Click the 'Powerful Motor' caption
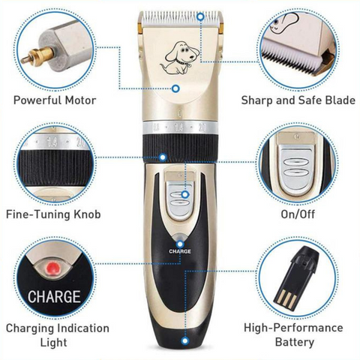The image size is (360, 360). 55,100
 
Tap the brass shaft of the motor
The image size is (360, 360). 37,56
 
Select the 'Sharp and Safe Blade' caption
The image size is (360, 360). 298,100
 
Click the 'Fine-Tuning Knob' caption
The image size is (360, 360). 53,214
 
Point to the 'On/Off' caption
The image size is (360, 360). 298,214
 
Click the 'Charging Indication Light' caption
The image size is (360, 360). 58,335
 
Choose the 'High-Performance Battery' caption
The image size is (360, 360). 294,335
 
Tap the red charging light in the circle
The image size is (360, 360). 53,268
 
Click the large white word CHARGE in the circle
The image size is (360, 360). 54,296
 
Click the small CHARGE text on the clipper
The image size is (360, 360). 180,251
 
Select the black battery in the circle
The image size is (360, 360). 296,274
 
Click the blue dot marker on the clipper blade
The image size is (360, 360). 200,17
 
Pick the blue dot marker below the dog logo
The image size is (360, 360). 176,88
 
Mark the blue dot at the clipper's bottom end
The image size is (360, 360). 185,340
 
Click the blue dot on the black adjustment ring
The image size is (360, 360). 163,157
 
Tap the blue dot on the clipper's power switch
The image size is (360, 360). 185,194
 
